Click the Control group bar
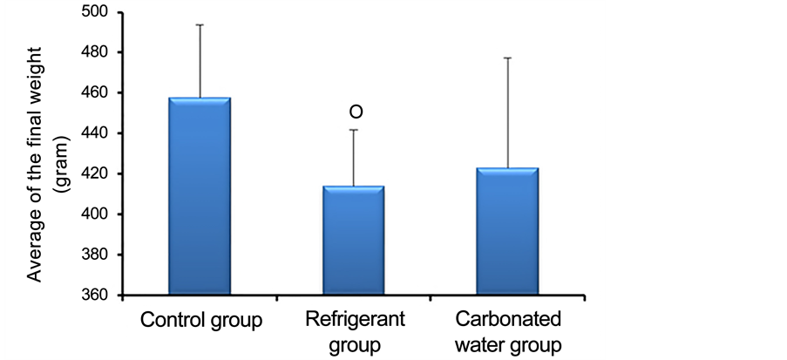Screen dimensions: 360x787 pos(200,197)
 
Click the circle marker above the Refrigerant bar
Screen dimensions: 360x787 pos(356,112)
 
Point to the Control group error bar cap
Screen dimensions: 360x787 pos(200,25)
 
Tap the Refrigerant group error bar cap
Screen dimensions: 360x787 pos(355,130)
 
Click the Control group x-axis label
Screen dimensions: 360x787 pos(201,320)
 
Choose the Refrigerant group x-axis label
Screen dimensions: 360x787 pos(356,331)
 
